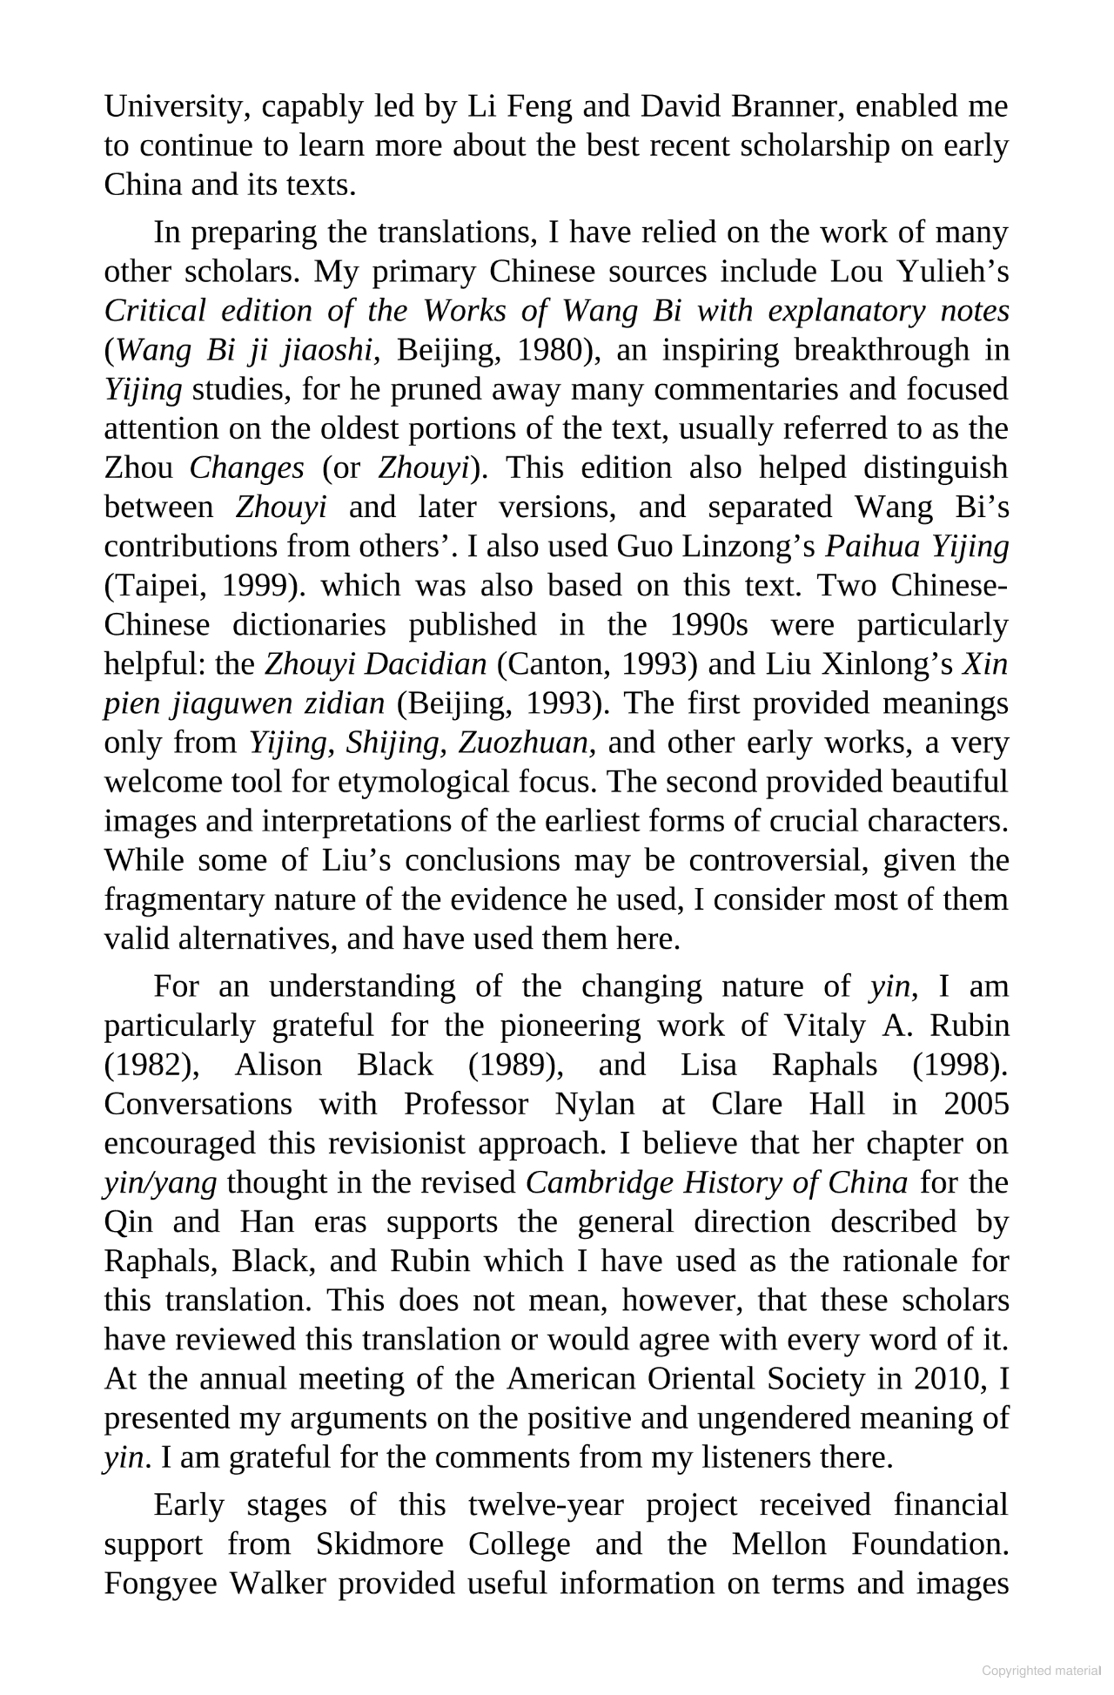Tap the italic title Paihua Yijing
916,547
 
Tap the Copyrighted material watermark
1040,1671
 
